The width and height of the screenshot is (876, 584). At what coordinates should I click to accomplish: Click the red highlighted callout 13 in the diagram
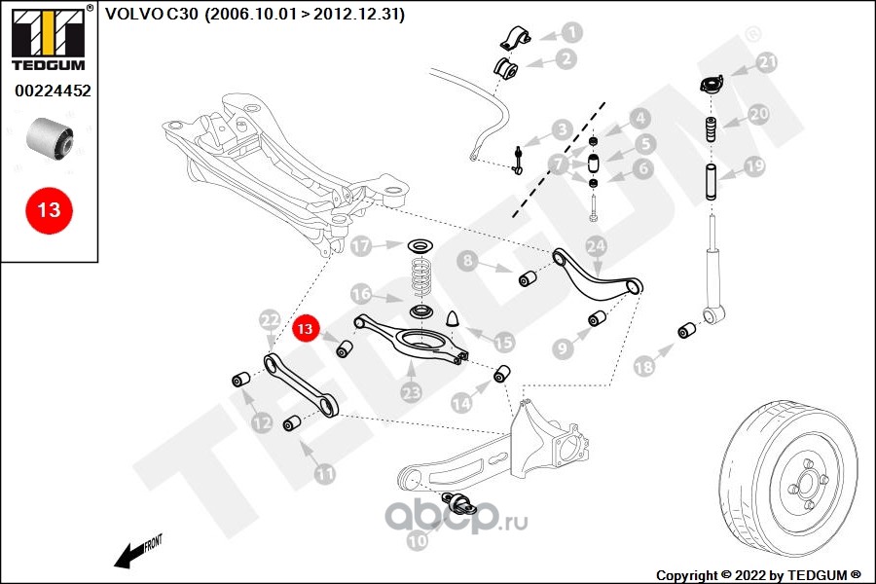[306, 329]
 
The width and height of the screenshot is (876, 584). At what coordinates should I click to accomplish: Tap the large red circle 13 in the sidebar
[49, 208]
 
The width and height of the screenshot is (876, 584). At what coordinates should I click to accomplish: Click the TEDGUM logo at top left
[48, 38]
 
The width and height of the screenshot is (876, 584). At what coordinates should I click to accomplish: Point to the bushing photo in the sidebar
[52, 139]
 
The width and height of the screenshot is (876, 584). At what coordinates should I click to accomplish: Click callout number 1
[571, 32]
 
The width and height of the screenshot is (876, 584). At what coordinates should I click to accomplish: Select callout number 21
[768, 64]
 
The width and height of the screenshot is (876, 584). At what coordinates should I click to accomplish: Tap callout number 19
[755, 166]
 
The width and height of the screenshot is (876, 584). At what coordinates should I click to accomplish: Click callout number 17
[362, 246]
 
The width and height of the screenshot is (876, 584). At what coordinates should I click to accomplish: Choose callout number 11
[324, 474]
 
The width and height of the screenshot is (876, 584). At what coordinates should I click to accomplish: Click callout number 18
[643, 366]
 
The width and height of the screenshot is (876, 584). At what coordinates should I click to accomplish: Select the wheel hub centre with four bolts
[806, 480]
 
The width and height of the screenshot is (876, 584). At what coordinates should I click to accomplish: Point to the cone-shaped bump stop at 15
[454, 319]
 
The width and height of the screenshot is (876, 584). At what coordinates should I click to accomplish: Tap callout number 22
[270, 319]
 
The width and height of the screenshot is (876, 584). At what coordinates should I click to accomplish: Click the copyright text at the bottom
[759, 574]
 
